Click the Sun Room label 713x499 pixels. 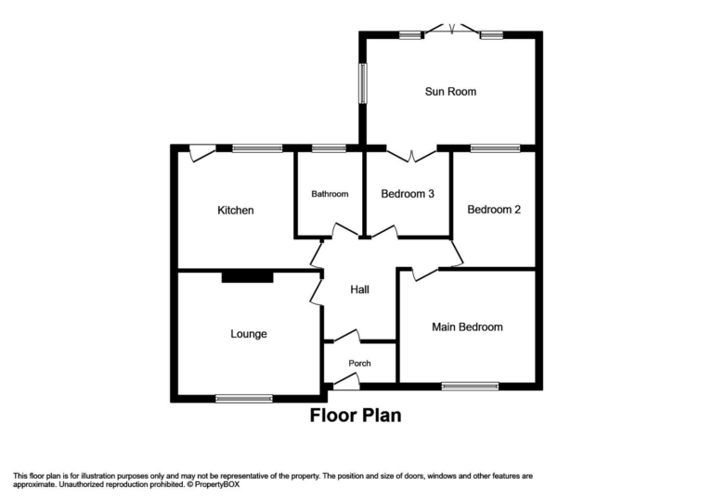450,92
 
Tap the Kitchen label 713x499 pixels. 235,211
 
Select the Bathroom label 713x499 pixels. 330,194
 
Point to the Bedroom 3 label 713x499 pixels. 408,194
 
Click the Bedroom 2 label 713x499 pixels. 493,210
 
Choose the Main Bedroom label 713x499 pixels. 467,326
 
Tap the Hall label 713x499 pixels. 359,289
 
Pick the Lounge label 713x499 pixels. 249,334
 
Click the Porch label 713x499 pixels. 359,363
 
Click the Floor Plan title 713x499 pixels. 356,416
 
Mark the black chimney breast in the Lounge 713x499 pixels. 247,275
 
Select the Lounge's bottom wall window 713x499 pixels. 244,399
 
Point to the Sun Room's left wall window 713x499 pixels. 362,83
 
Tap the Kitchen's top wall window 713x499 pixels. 257,147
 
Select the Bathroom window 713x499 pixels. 329,147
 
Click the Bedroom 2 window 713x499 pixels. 495,147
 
